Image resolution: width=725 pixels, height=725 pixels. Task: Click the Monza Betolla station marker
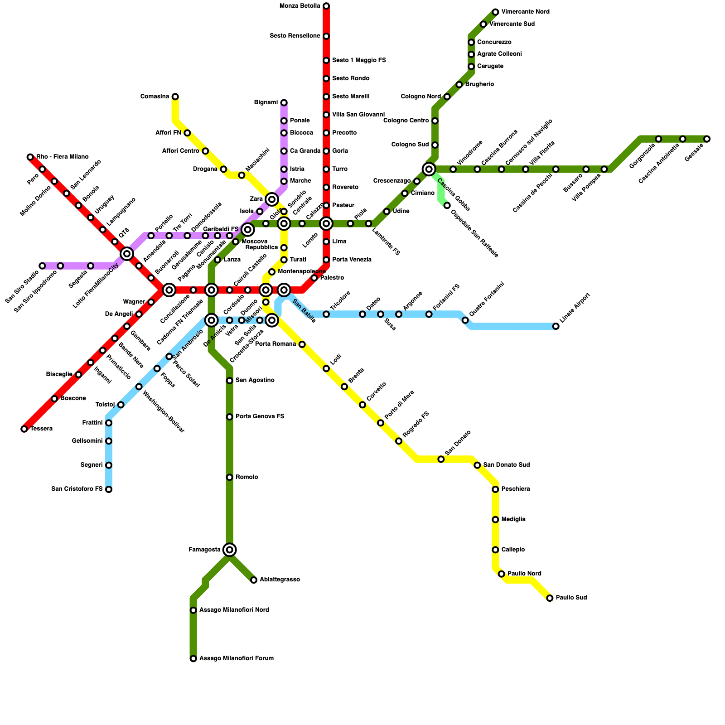point(326,6)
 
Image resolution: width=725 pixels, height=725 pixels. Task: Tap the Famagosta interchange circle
point(230,550)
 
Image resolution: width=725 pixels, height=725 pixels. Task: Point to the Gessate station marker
point(707,139)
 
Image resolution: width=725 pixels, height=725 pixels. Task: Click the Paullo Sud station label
point(571,598)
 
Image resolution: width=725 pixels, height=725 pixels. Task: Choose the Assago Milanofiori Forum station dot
point(193,658)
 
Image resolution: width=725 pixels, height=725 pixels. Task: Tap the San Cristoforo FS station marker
point(109,489)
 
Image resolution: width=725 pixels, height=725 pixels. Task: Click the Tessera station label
point(42,429)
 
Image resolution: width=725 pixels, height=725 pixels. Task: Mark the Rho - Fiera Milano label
point(63,157)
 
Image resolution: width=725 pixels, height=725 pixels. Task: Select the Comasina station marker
point(175,97)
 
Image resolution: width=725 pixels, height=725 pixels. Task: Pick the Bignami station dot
point(284,103)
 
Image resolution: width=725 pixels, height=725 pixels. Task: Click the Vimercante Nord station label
point(525,12)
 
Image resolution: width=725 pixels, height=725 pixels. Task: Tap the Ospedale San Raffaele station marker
point(447,206)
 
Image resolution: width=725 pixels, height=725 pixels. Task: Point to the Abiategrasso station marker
point(254,580)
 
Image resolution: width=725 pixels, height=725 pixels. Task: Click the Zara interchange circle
point(272,199)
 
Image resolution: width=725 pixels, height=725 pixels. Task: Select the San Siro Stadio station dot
point(42,266)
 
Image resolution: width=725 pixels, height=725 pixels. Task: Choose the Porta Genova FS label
point(260,416)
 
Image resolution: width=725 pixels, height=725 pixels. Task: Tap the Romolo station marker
point(230,477)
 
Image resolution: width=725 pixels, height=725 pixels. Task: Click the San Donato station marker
point(441,459)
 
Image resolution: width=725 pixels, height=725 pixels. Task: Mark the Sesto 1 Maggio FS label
point(359,60)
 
